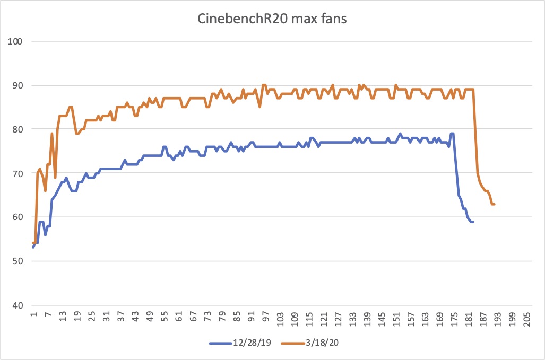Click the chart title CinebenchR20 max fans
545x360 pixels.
(x=272, y=20)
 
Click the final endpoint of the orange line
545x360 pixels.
(x=495, y=204)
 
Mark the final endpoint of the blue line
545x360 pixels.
(x=473, y=222)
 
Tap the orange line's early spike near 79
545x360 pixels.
(x=52, y=134)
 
